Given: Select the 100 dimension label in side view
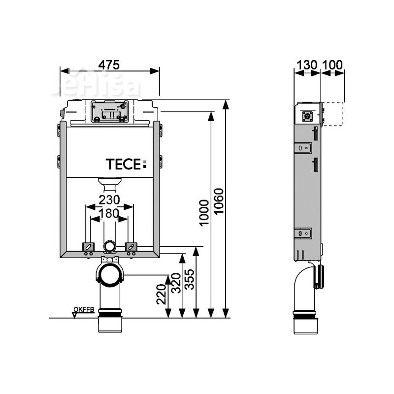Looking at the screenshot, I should tap(332, 65).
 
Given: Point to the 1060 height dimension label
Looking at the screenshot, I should tap(220, 207).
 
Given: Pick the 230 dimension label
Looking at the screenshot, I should tap(109, 200).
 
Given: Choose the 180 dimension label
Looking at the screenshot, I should tap(108, 213).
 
